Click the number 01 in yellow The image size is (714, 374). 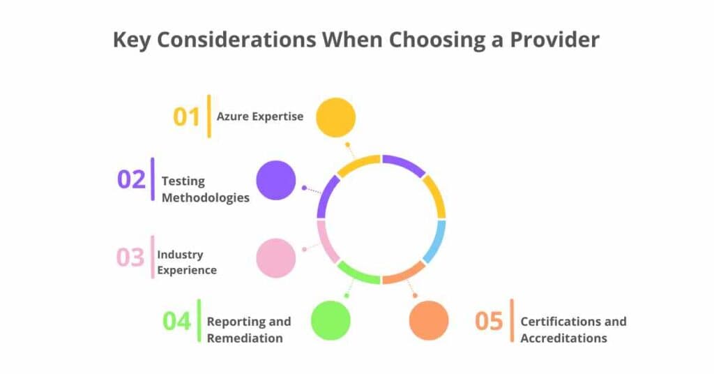pyautogui.click(x=186, y=117)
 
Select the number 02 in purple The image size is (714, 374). pyautogui.click(x=131, y=179)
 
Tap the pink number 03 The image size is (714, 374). pyautogui.click(x=130, y=257)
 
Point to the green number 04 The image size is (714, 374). pyautogui.click(x=176, y=322)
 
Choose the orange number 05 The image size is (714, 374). pyautogui.click(x=489, y=322)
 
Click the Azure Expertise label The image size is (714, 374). pyautogui.click(x=259, y=117)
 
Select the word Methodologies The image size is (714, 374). pyautogui.click(x=205, y=197)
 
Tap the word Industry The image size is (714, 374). pyautogui.click(x=180, y=254)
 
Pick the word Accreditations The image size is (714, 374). pyautogui.click(x=563, y=338)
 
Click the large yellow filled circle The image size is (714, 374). pyautogui.click(x=335, y=117)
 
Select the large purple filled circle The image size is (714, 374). pyautogui.click(x=276, y=180)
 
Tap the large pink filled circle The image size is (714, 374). pyautogui.click(x=276, y=258)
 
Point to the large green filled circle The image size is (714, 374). pyautogui.click(x=331, y=320)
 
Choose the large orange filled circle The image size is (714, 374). pyautogui.click(x=429, y=320)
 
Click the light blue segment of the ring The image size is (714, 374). pyautogui.click(x=434, y=241)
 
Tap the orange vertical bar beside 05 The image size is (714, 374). pyautogui.click(x=512, y=322)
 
